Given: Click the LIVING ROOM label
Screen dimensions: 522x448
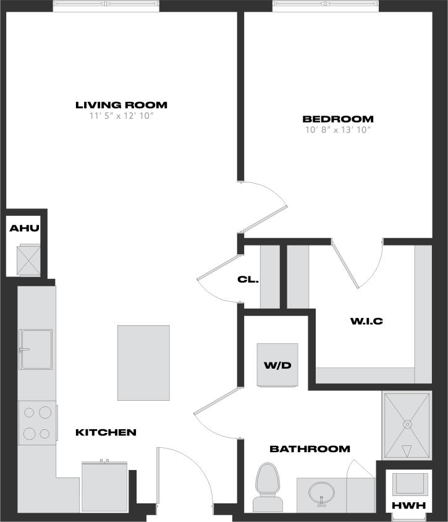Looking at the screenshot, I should coord(121,105).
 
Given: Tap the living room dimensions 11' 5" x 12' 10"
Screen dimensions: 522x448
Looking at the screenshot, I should coord(121,116).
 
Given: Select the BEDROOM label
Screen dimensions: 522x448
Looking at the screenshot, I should coord(337,119).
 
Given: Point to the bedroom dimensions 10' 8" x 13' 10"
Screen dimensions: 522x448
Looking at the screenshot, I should coord(337,130).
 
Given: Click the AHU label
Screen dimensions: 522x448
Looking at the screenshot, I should coord(24,229).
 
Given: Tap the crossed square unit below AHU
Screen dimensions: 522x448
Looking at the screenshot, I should coord(28,259).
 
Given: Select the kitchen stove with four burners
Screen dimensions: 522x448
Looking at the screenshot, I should coord(37,423).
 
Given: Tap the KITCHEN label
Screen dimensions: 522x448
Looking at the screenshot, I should coord(106,432).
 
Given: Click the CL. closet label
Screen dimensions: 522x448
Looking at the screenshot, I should coord(248,279).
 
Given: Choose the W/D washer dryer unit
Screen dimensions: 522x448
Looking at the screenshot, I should coord(277,365).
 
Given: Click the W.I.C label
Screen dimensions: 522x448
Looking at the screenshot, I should coord(366,321).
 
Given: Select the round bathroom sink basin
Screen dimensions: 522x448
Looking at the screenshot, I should coord(322,493).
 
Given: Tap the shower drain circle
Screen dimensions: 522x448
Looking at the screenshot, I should coord(407,424).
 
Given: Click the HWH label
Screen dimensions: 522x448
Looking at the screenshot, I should coord(409,505).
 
